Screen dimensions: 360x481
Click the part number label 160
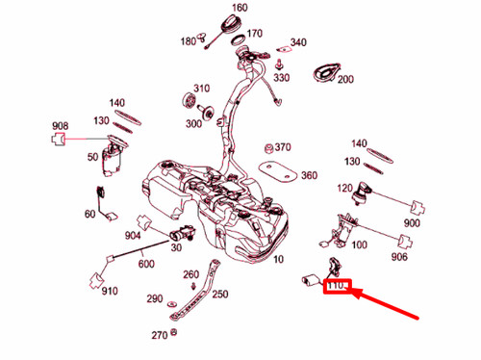coord(240,8)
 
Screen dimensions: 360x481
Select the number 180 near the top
coord(188,41)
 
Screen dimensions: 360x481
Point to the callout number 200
coord(346,80)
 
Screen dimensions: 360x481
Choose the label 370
coord(282,147)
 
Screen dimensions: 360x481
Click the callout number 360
coord(308,176)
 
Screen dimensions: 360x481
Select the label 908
coord(60,125)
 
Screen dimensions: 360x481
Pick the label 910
coord(109,291)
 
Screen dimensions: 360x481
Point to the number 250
coord(220,294)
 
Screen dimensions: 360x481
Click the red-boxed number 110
coord(338,287)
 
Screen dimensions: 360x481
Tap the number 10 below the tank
coord(278,260)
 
